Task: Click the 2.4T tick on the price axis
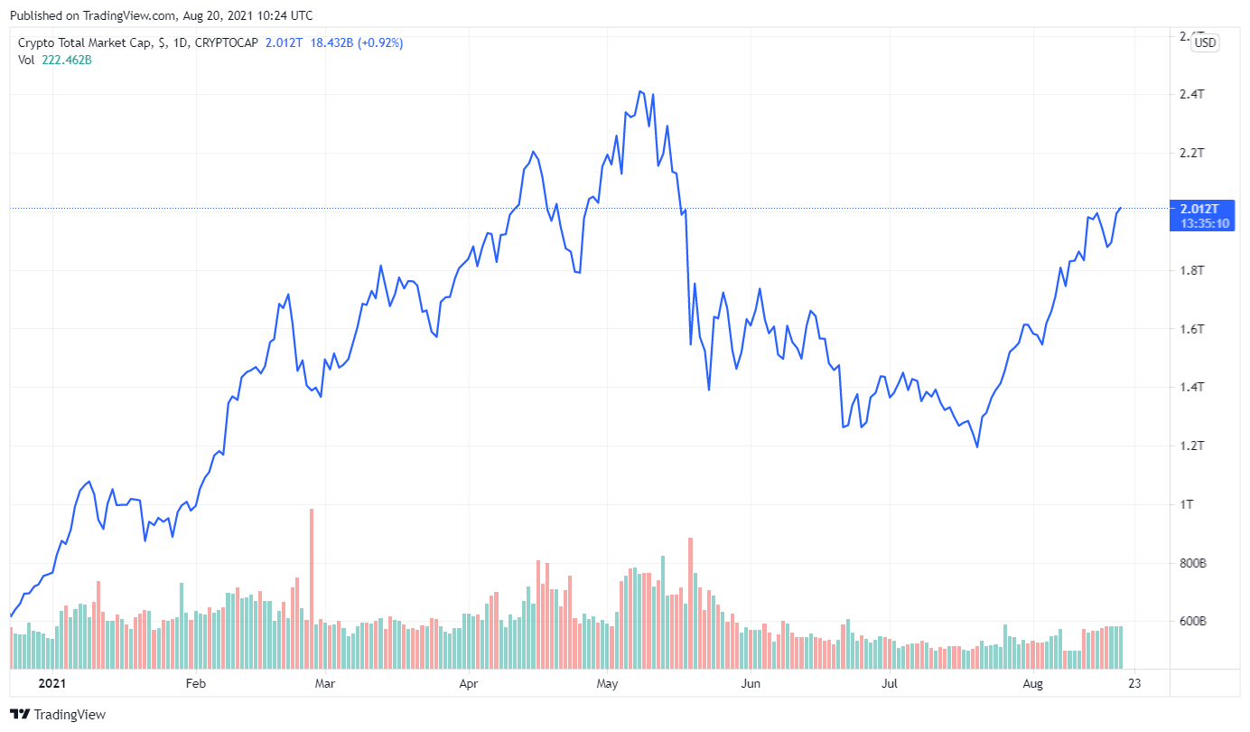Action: pos(1192,95)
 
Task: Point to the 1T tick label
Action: pos(1187,504)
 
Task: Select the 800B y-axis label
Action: pos(1193,563)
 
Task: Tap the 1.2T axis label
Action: pos(1192,446)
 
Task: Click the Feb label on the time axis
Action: pos(195,683)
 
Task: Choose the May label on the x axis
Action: pos(607,683)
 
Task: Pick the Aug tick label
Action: pos(1033,683)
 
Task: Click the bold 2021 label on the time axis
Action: pos(52,683)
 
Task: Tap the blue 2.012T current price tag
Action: pos(1200,209)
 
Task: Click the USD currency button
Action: pos(1205,42)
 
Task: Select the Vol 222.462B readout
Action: pos(55,60)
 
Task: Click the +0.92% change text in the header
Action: pos(382,42)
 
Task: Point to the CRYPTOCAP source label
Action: pos(227,42)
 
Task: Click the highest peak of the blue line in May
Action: pos(640,91)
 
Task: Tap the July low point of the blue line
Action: pos(977,446)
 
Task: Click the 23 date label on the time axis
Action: pos(1133,683)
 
